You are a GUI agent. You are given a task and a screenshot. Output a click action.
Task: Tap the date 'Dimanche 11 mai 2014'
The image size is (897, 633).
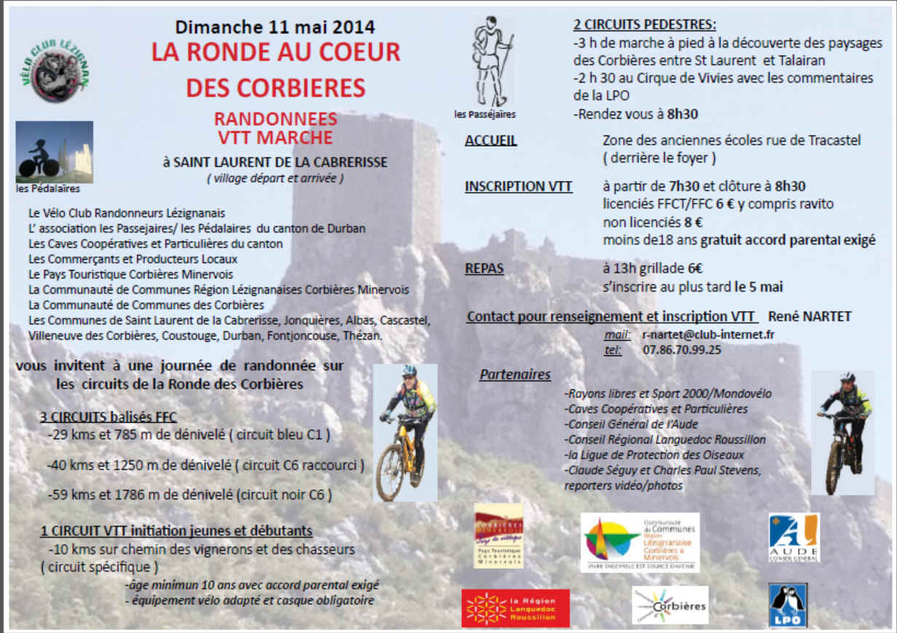[275, 28]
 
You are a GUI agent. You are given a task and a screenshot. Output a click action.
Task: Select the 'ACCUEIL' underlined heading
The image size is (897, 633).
[490, 140]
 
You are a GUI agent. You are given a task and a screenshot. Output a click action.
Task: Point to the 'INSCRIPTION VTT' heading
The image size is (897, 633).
[518, 187]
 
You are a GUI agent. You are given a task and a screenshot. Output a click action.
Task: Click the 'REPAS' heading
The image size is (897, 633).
[484, 268]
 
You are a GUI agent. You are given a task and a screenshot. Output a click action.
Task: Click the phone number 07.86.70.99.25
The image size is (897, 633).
[681, 350]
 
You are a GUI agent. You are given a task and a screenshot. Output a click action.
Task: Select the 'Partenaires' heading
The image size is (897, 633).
[514, 375]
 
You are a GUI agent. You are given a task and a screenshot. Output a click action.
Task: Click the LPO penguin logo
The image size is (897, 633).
[788, 605]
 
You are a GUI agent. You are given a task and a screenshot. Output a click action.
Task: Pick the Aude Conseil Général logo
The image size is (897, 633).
[794, 537]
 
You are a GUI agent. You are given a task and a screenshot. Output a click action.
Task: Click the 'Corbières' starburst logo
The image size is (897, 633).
[670, 605]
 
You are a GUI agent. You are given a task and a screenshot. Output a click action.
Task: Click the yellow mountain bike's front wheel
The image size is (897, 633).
[390, 473]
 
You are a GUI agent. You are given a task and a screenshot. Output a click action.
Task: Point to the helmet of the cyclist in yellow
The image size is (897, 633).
[410, 370]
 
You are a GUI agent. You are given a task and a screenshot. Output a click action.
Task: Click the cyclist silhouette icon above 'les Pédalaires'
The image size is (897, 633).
[54, 152]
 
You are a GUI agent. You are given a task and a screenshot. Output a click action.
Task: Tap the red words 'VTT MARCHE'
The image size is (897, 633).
[274, 136]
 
